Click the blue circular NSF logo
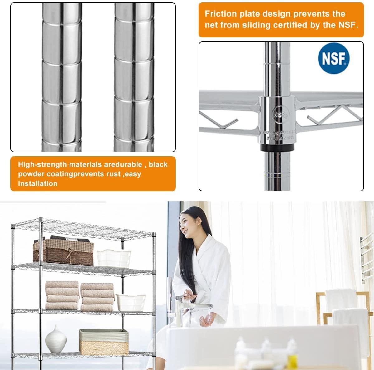click(x=333, y=58)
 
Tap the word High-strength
click(x=42, y=164)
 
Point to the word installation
click(x=38, y=183)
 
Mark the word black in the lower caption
click(x=158, y=164)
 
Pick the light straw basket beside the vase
click(x=104, y=342)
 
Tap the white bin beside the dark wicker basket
click(x=109, y=258)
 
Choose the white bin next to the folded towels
click(x=131, y=302)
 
